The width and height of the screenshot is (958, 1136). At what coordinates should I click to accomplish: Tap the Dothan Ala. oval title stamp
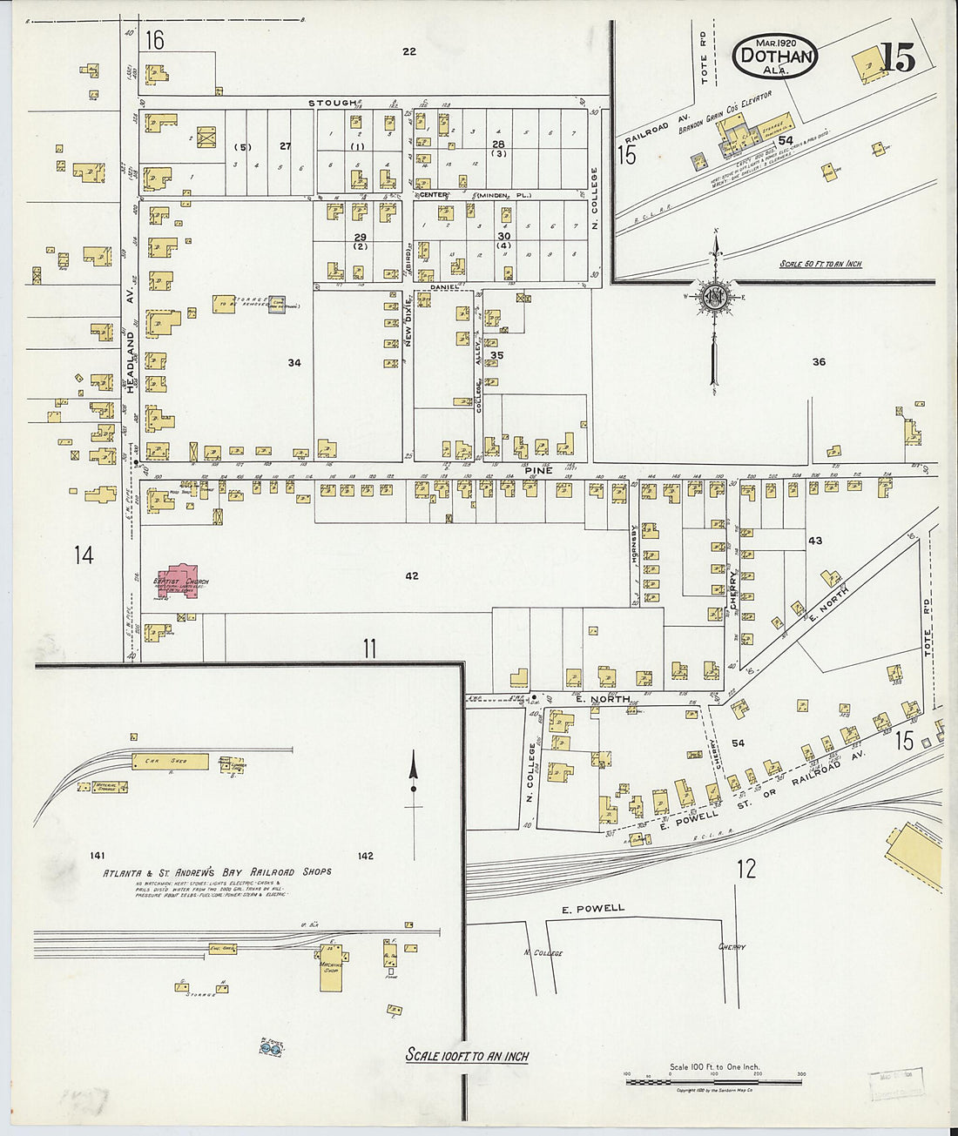pos(774,57)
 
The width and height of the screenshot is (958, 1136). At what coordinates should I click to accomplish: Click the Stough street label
pos(333,103)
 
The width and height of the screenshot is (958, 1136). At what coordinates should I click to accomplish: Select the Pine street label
pos(538,470)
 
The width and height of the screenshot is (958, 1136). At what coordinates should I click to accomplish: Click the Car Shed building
pos(170,762)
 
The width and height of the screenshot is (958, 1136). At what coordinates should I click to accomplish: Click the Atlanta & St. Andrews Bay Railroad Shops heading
pos(217,871)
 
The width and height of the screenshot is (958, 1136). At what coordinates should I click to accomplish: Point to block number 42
pos(412,575)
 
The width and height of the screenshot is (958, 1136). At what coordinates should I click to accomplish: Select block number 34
pos(294,362)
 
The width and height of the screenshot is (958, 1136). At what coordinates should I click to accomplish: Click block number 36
pos(818,361)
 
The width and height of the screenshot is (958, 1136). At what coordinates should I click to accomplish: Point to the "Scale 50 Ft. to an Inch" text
pos(820,263)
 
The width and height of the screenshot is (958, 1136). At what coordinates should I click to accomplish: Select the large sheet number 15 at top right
pos(897,57)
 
